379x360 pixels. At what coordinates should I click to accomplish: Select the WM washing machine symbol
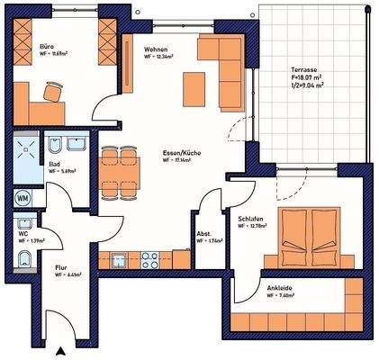pyautogui.click(x=22, y=198)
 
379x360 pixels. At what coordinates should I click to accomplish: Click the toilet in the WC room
pyautogui.click(x=23, y=261)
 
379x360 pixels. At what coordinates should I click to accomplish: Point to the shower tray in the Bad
pyautogui.click(x=23, y=159)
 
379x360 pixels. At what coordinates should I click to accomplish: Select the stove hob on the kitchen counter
pyautogui.click(x=149, y=260)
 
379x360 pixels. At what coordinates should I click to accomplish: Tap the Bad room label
pyautogui.click(x=55, y=166)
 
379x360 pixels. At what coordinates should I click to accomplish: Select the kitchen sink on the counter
pyautogui.click(x=120, y=260)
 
